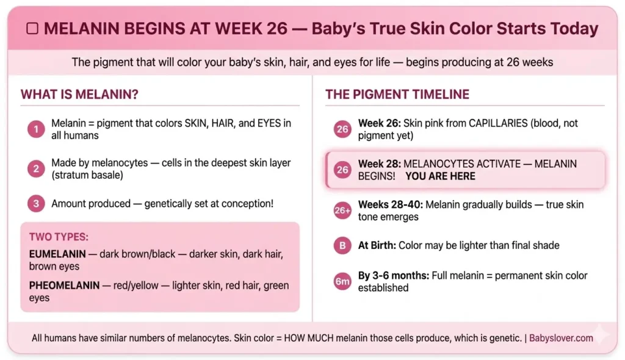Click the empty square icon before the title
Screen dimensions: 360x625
34,29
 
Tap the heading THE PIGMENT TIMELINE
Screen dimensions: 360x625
397,95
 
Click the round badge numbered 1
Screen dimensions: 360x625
36,129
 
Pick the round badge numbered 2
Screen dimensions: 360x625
36,169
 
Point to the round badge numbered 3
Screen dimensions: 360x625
36,204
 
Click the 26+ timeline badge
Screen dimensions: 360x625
342,211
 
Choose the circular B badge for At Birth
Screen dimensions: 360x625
342,246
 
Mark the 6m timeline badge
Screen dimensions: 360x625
342,281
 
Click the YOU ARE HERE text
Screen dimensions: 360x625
440,176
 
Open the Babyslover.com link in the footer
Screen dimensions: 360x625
561,337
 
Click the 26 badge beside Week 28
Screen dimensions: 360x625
342,170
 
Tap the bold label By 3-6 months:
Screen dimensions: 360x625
394,276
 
